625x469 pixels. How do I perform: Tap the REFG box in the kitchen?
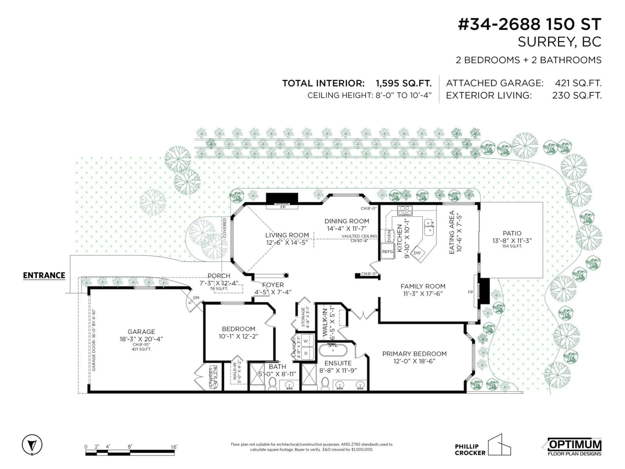[387, 251]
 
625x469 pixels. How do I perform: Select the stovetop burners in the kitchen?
[405, 211]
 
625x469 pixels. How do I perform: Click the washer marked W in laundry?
[306, 341]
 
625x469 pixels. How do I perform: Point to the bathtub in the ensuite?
[333, 351]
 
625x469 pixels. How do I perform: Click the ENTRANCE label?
[44, 275]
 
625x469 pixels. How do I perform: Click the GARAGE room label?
[141, 332]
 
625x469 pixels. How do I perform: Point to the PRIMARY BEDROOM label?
[414, 354]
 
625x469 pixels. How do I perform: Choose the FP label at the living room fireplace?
[283, 207]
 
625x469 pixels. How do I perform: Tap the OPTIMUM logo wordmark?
[575, 445]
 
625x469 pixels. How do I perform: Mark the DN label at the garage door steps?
[196, 298]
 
